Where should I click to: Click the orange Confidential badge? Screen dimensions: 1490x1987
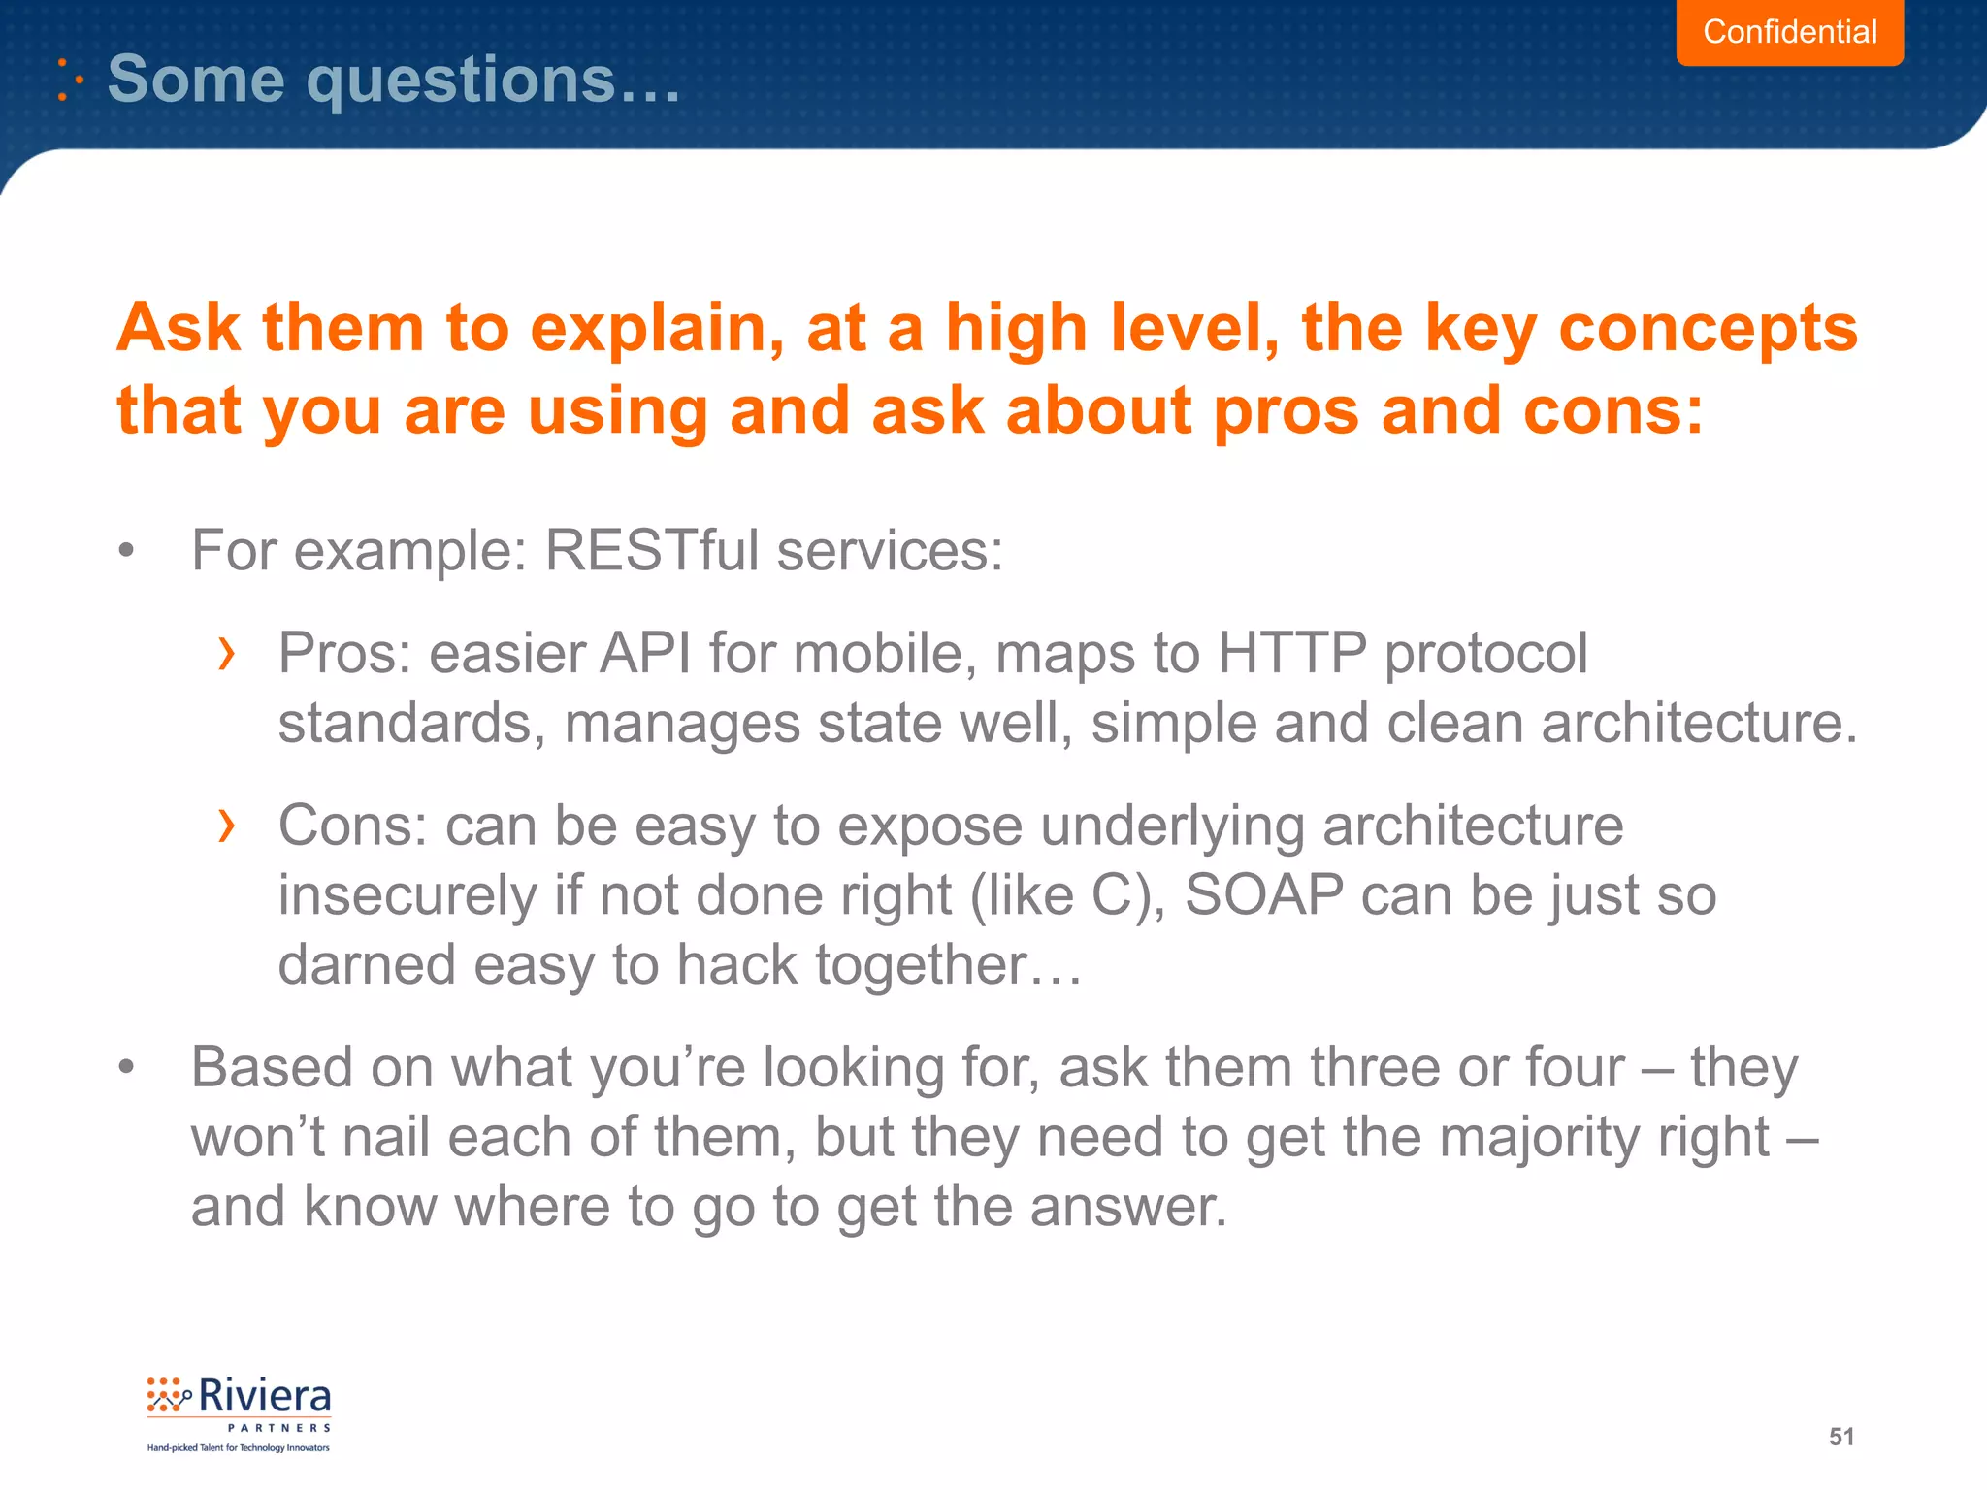point(1789,32)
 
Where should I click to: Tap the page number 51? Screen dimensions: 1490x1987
point(1841,1437)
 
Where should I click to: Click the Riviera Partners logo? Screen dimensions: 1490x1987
point(239,1412)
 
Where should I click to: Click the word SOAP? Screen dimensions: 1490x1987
point(1263,894)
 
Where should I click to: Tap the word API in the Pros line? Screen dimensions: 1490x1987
point(645,653)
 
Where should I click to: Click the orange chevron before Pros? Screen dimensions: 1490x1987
point(226,654)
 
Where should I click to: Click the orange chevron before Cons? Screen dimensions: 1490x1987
point(226,826)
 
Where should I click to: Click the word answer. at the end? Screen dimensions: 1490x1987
point(1128,1207)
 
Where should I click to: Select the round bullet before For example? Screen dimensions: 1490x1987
point(126,552)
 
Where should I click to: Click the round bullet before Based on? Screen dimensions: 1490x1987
point(126,1068)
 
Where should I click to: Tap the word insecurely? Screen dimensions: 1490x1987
point(407,895)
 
